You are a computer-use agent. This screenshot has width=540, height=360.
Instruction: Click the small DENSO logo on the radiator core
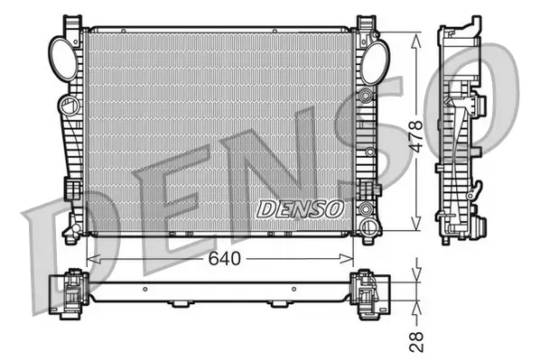[x=302, y=208]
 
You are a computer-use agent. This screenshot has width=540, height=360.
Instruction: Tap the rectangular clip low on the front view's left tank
[x=71, y=188]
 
